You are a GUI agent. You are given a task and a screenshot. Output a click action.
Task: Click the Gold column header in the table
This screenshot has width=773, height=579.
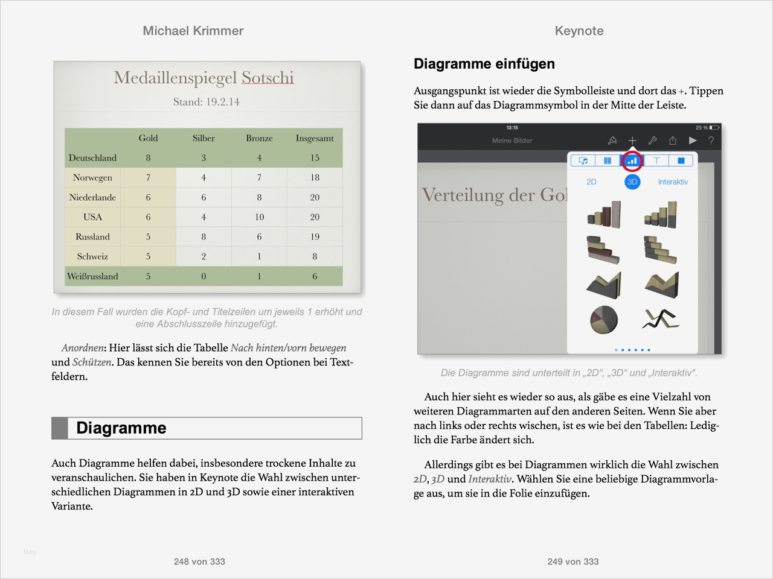coord(148,138)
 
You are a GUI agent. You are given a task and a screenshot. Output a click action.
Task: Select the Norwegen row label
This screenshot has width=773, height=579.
coord(92,177)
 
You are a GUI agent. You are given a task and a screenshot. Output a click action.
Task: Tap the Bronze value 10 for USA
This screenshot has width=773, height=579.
coord(259,217)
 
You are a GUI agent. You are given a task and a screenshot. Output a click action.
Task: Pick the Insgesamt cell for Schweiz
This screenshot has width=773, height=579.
coord(315,256)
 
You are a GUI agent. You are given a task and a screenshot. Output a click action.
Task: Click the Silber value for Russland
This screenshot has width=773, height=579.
coord(204,237)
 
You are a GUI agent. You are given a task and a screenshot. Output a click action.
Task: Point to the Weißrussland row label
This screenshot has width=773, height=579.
coord(92,276)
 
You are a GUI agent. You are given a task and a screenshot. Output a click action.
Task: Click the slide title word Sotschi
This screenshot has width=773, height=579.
coord(268,78)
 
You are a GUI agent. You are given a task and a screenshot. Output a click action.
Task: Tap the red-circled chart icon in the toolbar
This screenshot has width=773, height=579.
coord(632,161)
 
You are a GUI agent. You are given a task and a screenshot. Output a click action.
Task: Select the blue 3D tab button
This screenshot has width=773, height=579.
coord(632,182)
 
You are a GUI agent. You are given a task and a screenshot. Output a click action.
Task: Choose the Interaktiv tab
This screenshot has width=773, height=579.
coord(673,182)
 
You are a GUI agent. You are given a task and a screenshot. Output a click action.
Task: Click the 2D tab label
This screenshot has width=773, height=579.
coord(591,182)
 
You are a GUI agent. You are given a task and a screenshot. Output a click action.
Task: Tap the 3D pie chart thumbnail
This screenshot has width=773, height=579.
coord(604,318)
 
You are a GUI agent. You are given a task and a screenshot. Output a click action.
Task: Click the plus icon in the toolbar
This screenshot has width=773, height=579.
coord(632,141)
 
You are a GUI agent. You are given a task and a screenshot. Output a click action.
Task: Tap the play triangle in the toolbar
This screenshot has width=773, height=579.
coord(693,141)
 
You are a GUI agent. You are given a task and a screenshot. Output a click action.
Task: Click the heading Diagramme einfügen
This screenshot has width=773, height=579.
coord(484,64)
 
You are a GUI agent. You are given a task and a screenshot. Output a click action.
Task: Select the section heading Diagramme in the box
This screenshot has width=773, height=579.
coord(121,428)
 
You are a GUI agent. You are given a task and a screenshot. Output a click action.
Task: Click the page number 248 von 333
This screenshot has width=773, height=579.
coord(199,562)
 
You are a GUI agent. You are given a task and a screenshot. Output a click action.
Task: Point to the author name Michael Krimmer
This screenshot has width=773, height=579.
coord(193,31)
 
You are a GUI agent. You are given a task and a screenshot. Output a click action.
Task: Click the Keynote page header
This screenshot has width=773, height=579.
coord(579,31)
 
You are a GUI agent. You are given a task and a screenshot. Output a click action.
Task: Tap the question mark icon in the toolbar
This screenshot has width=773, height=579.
coord(711,141)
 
